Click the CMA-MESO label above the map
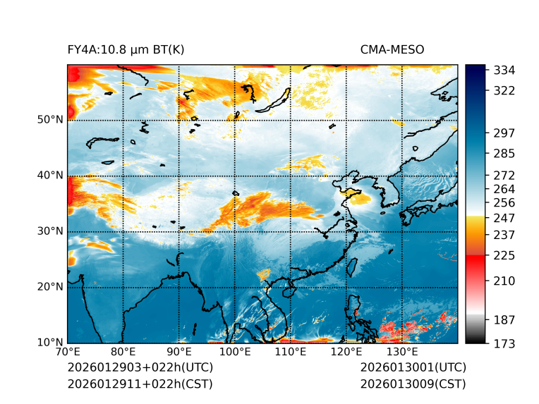click(392, 49)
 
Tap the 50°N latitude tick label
click(49, 119)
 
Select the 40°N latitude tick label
click(49, 175)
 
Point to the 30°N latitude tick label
click(49, 231)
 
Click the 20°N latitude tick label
click(49, 287)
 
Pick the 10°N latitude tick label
click(49, 343)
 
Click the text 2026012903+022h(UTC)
click(140, 368)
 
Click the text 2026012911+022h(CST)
click(140, 384)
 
